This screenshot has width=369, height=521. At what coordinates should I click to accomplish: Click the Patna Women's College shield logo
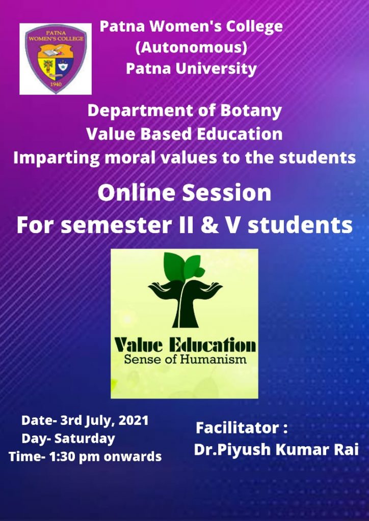click(56, 59)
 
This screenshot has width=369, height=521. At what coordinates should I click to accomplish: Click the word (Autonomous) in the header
click(191, 48)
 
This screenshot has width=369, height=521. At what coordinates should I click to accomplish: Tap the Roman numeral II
click(192, 225)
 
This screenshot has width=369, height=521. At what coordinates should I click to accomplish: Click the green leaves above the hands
click(183, 266)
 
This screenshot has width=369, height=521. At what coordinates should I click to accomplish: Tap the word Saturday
click(85, 439)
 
